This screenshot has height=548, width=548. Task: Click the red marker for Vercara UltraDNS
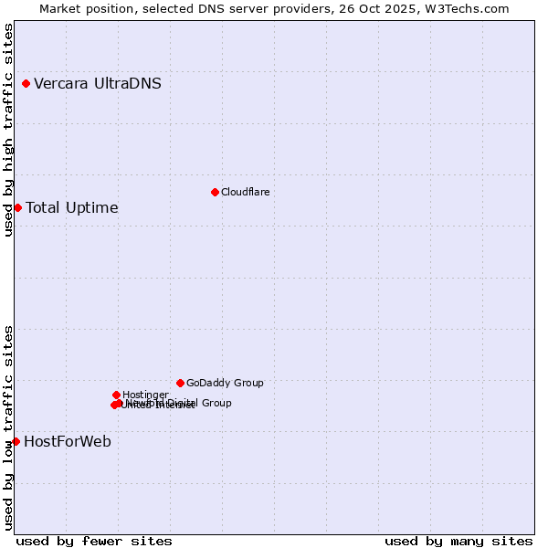pyautogui.click(x=26, y=84)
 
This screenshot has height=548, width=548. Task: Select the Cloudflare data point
pyautogui.click(x=215, y=192)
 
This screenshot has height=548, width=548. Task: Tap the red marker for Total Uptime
pyautogui.click(x=17, y=207)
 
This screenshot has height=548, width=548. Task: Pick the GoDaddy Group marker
pyautogui.click(x=180, y=383)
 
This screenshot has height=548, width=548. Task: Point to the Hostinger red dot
pyautogui.click(x=116, y=395)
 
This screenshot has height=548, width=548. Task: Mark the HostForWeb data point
pyautogui.click(x=16, y=441)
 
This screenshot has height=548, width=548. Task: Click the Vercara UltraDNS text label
pyautogui.click(x=98, y=84)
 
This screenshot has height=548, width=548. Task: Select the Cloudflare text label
pyautogui.click(x=245, y=192)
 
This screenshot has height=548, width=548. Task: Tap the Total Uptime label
pyautogui.click(x=72, y=207)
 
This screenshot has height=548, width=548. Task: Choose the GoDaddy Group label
pyautogui.click(x=225, y=383)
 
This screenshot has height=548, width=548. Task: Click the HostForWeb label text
pyautogui.click(x=68, y=441)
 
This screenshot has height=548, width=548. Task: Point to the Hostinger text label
pyautogui.click(x=145, y=395)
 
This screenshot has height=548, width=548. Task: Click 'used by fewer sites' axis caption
pyautogui.click(x=94, y=541)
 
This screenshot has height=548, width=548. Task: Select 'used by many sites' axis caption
pyautogui.click(x=458, y=541)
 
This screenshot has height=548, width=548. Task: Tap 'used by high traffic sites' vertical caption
pyautogui.click(x=9, y=130)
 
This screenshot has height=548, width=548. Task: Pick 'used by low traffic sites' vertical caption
pyautogui.click(x=9, y=427)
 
